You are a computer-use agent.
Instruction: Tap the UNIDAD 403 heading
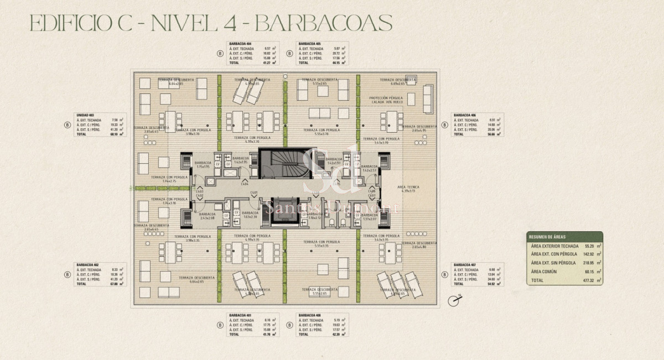pos(85,115)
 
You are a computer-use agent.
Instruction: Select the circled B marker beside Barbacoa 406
pos(444,124)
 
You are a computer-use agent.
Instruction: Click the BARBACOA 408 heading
pos(310,315)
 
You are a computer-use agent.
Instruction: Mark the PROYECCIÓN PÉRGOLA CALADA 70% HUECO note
pos(386,100)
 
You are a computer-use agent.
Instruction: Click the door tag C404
pos(244,184)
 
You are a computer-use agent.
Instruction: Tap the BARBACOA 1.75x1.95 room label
pos(203,164)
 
